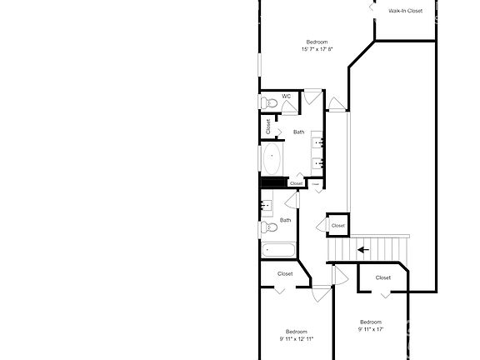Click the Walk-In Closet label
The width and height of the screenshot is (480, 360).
click(406, 11)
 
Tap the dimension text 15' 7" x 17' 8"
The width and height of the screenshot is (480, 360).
click(317, 49)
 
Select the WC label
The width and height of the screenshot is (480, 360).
click(286, 96)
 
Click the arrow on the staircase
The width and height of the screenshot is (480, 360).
click(362, 248)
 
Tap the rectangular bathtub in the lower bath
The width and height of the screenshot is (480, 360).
click(278, 250)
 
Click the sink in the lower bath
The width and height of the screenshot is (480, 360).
click(267, 203)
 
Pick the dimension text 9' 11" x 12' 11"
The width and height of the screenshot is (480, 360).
click(297, 339)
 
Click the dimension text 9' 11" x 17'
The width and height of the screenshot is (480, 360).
click(370, 329)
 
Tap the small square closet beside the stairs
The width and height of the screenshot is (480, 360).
click(337, 225)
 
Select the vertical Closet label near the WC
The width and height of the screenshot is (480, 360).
click(268, 127)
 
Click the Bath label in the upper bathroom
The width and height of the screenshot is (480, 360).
click(298, 132)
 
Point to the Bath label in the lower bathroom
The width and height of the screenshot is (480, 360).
click(285, 220)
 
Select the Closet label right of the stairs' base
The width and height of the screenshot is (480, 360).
click(383, 277)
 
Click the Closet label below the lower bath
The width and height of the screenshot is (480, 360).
click(285, 273)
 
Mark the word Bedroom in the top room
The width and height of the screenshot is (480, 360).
click(317, 42)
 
